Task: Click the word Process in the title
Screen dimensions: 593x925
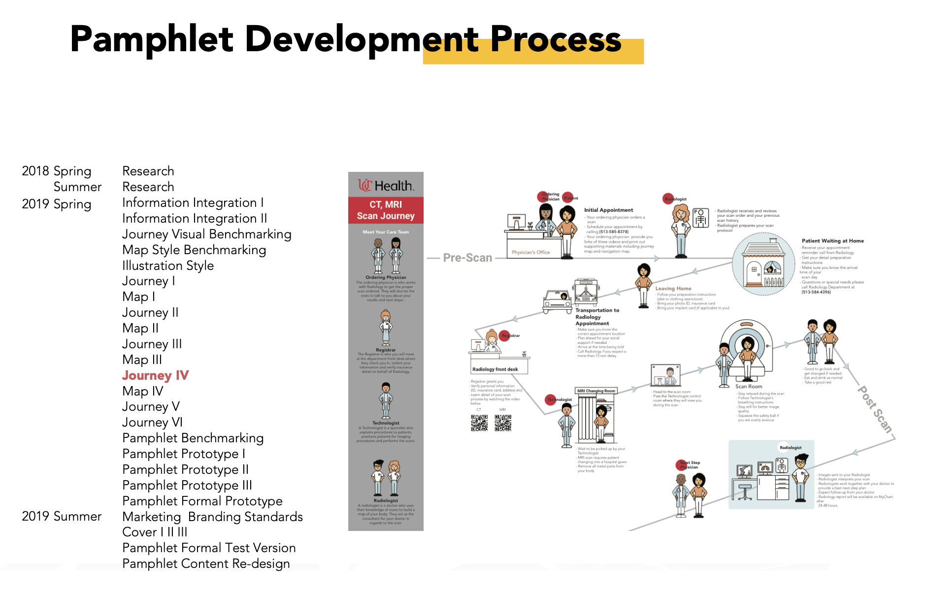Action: pyautogui.click(x=555, y=39)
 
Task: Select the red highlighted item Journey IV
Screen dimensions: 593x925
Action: pyautogui.click(x=155, y=375)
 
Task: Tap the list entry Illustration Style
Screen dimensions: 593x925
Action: pyautogui.click(x=167, y=265)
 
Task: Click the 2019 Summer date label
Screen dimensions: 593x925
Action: pyautogui.click(x=62, y=516)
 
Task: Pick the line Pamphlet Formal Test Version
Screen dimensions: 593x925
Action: pyautogui.click(x=209, y=548)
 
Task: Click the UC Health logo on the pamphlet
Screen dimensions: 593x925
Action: pyautogui.click(x=386, y=186)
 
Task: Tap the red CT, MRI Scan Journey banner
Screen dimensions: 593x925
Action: pyautogui.click(x=386, y=210)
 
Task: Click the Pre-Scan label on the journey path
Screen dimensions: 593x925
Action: pyautogui.click(x=467, y=258)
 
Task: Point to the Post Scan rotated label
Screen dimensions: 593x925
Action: pyautogui.click(x=875, y=410)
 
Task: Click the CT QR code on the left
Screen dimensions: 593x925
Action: pyautogui.click(x=479, y=423)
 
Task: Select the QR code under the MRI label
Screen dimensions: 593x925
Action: pyautogui.click(x=502, y=423)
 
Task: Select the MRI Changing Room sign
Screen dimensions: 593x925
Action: pyautogui.click(x=596, y=391)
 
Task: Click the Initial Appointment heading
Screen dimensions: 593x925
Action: pyautogui.click(x=608, y=210)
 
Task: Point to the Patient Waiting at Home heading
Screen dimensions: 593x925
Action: pyautogui.click(x=832, y=241)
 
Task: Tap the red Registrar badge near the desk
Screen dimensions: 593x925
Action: pyautogui.click(x=505, y=335)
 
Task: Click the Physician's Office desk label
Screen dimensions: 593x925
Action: pyautogui.click(x=530, y=252)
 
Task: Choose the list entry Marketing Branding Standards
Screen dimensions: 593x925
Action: pyautogui.click(x=212, y=517)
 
